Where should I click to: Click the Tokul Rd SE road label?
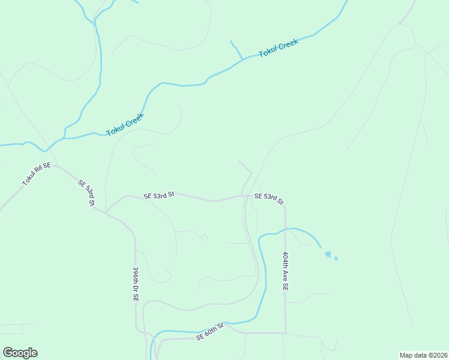point(37,173)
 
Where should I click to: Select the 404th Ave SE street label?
point(285,271)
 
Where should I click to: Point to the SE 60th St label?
point(209,331)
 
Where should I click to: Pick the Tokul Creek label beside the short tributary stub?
point(278,48)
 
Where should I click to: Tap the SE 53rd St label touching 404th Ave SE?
point(268,198)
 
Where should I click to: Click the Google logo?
point(20,353)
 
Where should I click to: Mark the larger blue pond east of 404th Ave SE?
point(327,254)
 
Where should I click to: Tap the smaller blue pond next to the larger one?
point(336,259)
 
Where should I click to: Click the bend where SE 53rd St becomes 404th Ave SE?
point(285,208)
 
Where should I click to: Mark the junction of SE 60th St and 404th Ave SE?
point(285,332)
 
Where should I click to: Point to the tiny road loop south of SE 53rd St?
point(205,238)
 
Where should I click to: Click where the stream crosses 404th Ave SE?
point(285,229)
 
